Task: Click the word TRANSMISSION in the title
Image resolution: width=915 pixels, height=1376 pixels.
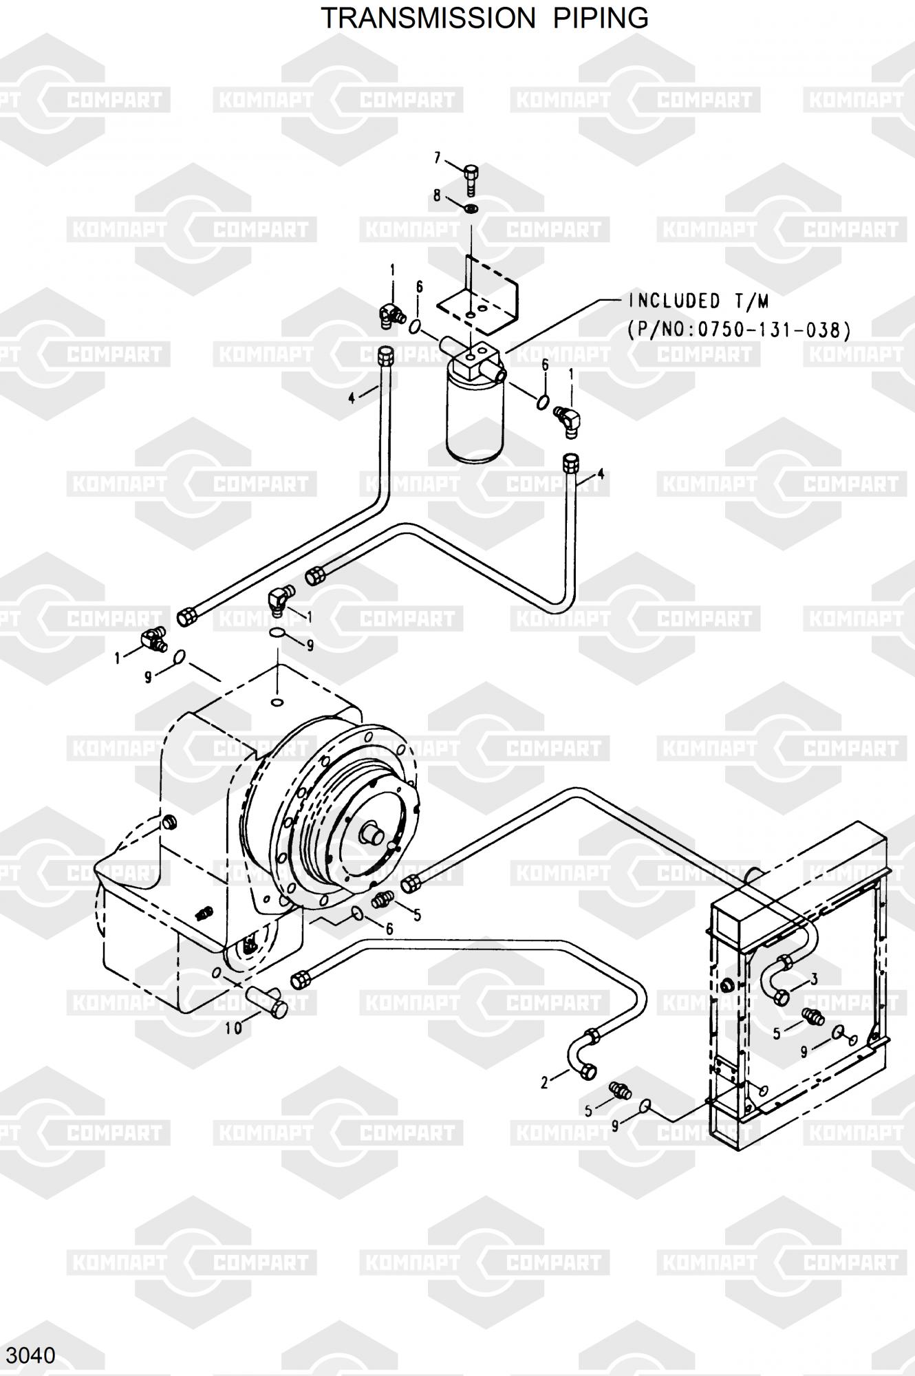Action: (428, 18)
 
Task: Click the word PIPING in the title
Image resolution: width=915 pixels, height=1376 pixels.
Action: (602, 18)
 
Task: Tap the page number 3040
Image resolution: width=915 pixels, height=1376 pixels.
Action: (30, 1355)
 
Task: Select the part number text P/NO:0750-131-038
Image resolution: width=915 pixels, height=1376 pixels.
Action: (738, 330)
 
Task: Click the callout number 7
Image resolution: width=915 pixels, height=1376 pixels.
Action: (437, 158)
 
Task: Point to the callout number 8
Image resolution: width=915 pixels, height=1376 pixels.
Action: (437, 195)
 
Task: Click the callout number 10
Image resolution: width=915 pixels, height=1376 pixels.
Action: (234, 1029)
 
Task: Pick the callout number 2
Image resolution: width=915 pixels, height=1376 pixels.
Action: (544, 1083)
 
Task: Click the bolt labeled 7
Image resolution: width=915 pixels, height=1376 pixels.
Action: (471, 180)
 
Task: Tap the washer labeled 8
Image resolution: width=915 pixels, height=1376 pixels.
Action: (471, 208)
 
